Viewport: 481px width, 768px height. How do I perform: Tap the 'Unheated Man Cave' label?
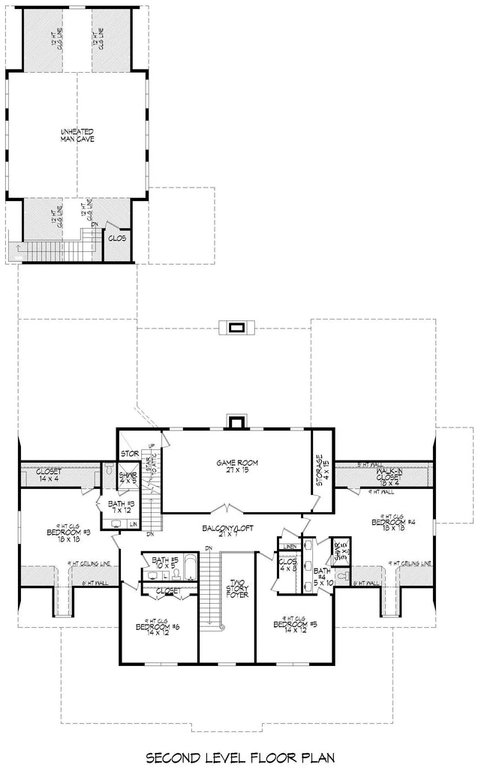pyautogui.click(x=77, y=136)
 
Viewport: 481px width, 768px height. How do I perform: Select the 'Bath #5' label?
pyautogui.click(x=163, y=563)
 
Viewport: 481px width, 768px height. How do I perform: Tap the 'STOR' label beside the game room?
pyautogui.click(x=128, y=454)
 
